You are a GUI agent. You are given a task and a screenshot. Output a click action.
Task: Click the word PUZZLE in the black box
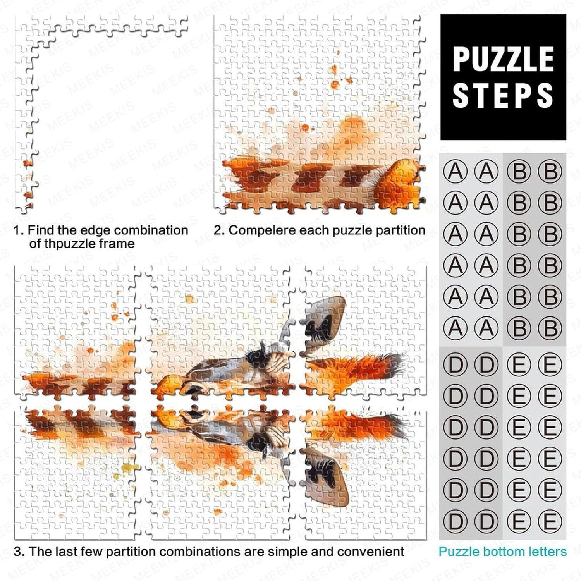click(x=503, y=59)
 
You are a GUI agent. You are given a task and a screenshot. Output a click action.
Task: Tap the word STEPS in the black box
click(x=503, y=95)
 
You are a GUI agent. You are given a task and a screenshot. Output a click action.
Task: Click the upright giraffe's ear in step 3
click(x=325, y=318)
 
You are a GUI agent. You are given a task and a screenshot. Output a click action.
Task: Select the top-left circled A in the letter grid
click(x=455, y=171)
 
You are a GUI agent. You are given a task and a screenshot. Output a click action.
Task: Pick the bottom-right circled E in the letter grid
click(x=550, y=521)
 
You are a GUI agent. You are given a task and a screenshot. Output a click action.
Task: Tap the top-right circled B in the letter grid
click(x=550, y=171)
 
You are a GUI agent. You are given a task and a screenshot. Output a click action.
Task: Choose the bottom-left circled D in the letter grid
click(x=455, y=521)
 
